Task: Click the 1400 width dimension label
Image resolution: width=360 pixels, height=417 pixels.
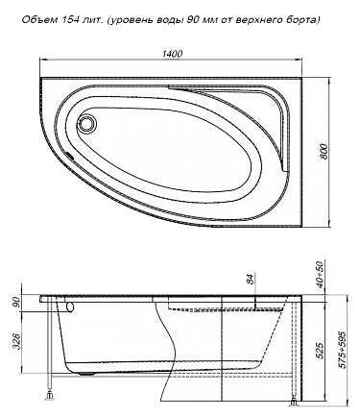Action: click(172, 54)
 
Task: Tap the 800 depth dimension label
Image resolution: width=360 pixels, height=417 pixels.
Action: click(324, 152)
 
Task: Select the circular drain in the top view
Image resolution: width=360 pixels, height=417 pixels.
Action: click(86, 123)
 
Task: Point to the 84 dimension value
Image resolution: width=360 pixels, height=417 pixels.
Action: click(252, 279)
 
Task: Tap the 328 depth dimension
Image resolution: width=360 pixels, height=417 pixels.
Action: click(16, 341)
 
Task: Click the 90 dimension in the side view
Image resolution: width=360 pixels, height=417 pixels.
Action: click(16, 302)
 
